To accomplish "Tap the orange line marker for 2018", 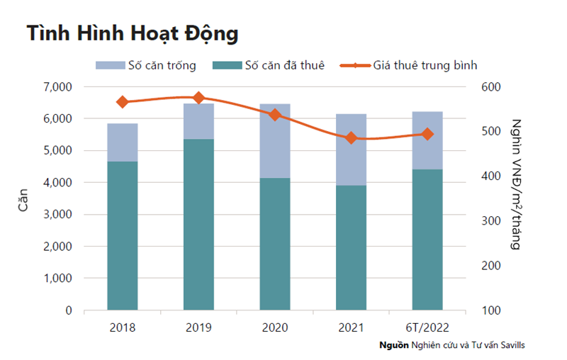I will click(123, 102).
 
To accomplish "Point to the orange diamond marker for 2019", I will click(198, 98).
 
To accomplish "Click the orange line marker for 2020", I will click(275, 115).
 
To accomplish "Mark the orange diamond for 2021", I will click(351, 138).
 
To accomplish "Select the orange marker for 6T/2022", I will click(427, 134).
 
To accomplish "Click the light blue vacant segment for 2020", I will click(275, 141).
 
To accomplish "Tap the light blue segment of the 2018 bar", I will click(123, 142).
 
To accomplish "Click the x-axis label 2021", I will click(351, 327).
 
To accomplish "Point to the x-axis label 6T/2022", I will click(427, 327).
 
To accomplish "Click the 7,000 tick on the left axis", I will click(58, 86).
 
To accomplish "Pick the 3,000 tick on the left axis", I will click(58, 215).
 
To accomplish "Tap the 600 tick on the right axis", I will click(491, 86).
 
